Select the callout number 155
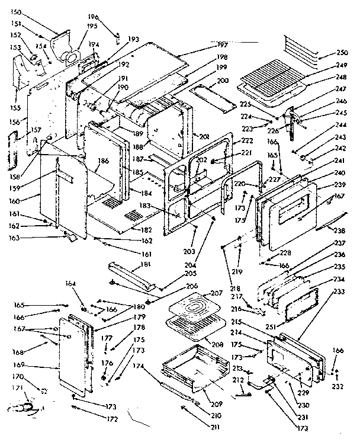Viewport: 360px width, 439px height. coord(15,108)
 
